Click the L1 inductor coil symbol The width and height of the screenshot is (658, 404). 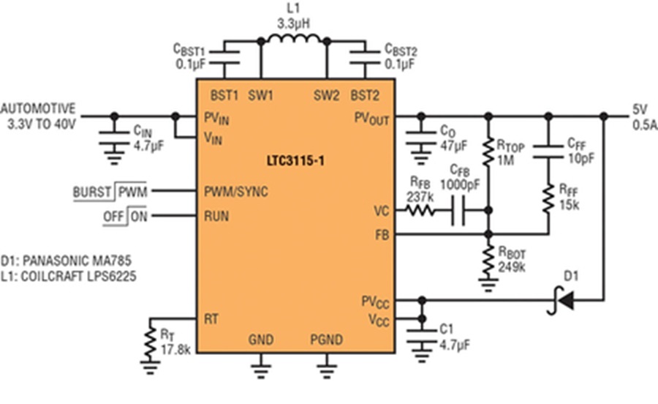point(294,39)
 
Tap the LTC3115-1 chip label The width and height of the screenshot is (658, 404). point(295,161)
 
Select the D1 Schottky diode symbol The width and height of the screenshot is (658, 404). point(561,300)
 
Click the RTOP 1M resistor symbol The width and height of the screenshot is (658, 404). point(488,152)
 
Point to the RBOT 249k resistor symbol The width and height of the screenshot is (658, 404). point(488,261)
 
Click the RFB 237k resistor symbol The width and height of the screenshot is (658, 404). point(420,210)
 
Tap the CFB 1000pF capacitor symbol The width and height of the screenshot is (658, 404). point(458,210)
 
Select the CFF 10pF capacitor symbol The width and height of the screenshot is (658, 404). point(548,152)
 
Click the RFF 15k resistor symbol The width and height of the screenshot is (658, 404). point(548,199)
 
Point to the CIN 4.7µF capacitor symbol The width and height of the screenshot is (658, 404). point(114,138)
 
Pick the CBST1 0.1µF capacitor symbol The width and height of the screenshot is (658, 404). point(224,58)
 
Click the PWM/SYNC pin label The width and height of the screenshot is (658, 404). point(236,192)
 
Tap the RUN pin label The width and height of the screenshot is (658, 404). point(216,217)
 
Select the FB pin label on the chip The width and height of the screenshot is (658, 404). point(382,235)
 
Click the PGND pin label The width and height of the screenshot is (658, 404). point(327,340)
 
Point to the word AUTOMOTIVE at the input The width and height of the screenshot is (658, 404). point(38,109)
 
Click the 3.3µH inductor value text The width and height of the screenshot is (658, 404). point(294,23)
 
